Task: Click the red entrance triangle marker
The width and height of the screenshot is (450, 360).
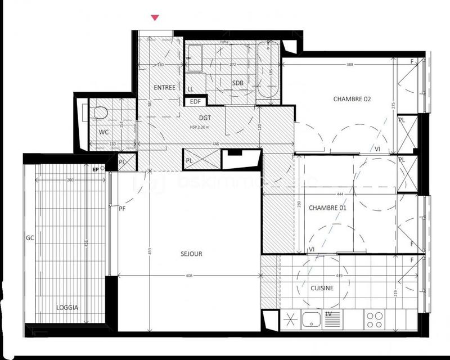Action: (155, 18)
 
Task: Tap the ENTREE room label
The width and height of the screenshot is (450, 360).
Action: (165, 87)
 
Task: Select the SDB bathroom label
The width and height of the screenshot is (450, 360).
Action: (238, 83)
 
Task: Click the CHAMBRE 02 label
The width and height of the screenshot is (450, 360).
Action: (352, 99)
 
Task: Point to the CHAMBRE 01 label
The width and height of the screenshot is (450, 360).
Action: (327, 208)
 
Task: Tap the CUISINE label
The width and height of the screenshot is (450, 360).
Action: (322, 288)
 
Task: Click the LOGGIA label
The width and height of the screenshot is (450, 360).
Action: (67, 308)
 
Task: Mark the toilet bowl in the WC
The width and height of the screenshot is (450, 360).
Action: (100, 112)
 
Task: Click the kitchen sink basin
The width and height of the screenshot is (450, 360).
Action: (310, 320)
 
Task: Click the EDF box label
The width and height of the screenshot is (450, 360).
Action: (196, 101)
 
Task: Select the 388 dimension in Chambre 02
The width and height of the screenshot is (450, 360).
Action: (349, 65)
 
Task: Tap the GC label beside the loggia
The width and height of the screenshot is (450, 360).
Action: (30, 238)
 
